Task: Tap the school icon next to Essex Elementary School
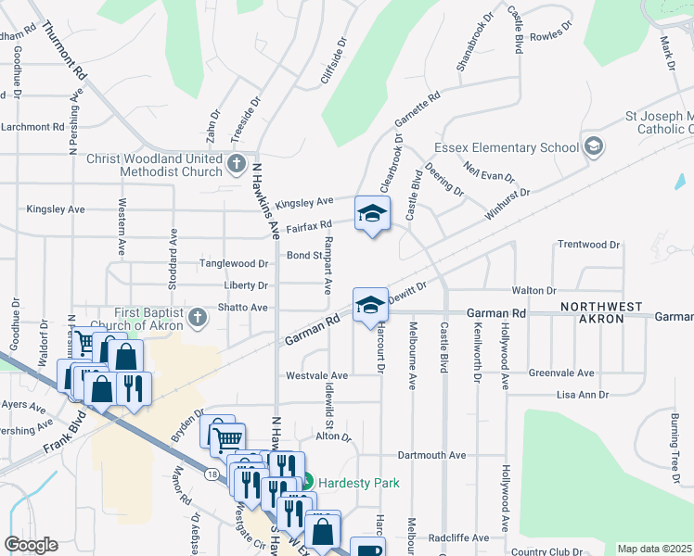(x=593, y=146)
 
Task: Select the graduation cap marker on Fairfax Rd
(x=372, y=214)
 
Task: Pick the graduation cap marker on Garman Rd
(x=369, y=304)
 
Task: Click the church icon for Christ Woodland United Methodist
(x=237, y=166)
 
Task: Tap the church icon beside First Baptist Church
(x=197, y=319)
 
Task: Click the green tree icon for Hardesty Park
(x=308, y=482)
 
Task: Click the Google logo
(x=31, y=545)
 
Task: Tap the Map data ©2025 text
(x=655, y=549)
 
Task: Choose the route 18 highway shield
(x=213, y=474)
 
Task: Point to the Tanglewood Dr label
(x=234, y=264)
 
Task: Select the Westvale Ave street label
(x=316, y=375)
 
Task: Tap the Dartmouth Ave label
(x=431, y=455)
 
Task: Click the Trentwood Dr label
(x=588, y=245)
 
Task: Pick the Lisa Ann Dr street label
(x=582, y=394)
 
